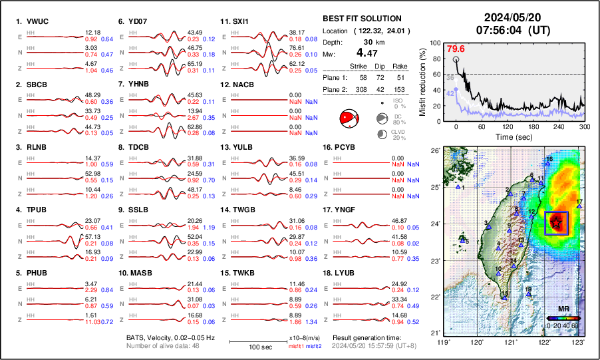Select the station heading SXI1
coord(238,21)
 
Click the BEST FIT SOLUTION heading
coord(361,19)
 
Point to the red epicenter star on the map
coord(555,223)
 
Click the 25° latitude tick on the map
coord(434,187)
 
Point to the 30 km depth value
coord(363,41)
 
